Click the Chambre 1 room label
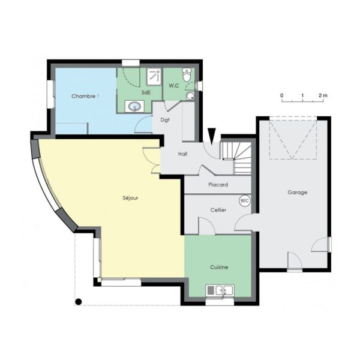coord(85,96)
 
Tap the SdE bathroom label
coord(146,92)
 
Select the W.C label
coord(174,86)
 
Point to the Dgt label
coord(165,120)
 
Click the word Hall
coord(183,154)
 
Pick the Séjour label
coord(130,198)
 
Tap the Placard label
coord(218,185)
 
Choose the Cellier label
coord(218,210)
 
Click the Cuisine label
coord(219,267)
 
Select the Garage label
coord(298,193)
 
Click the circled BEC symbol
coord(245,201)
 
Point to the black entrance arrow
coord(212,136)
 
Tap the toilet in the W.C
coord(187,74)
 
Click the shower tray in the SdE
coord(154,76)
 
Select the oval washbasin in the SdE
coord(134,107)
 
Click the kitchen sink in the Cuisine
coord(220,290)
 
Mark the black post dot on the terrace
coord(79,301)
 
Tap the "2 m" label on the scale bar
coord(323,95)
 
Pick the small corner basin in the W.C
coord(190,96)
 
